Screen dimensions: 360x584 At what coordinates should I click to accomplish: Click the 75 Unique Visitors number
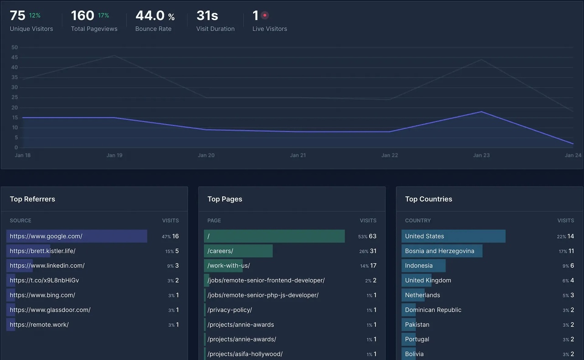pos(18,16)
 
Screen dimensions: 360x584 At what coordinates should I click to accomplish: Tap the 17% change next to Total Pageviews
pos(104,16)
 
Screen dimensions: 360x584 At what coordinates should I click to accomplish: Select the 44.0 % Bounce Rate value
pos(155,16)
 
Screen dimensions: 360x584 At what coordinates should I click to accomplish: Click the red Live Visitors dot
pos(265,16)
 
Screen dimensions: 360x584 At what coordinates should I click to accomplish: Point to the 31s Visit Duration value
pos(207,16)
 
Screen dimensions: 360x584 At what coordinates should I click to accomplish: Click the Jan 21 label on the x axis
pos(298,155)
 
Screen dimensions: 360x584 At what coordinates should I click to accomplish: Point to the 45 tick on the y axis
pos(15,57)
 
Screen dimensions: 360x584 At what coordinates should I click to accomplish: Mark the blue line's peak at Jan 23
pos(481,112)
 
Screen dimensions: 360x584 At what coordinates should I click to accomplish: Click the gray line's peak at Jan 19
pos(114,56)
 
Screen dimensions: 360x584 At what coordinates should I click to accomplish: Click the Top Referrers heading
pos(32,199)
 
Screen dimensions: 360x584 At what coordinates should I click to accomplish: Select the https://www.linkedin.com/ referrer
pos(47,266)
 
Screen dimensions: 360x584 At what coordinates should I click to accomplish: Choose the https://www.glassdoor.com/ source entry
pos(50,310)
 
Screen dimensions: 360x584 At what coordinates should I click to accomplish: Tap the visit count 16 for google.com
pos(176,236)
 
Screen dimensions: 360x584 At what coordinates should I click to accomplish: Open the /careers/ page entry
pos(220,251)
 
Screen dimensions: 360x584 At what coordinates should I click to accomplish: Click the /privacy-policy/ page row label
pos(229,310)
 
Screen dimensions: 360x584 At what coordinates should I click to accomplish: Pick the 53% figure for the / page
pos(363,237)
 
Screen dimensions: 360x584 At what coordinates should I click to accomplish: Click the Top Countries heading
pos(428,199)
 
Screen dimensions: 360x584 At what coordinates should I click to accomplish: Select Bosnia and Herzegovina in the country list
pos(439,251)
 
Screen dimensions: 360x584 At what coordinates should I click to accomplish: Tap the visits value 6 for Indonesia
pos(572,266)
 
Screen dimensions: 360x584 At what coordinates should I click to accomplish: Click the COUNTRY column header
pos(417,220)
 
